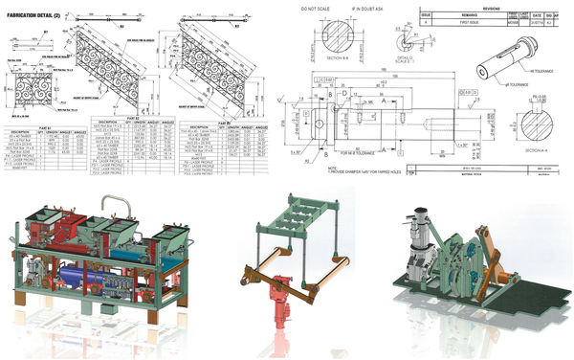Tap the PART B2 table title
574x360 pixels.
coord(134,120)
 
